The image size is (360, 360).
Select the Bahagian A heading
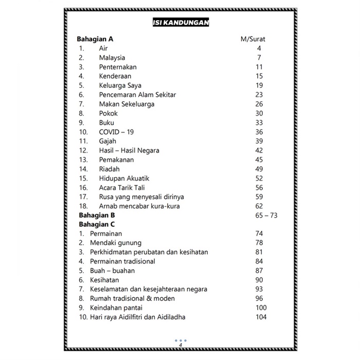95,39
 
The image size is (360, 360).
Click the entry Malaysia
112,58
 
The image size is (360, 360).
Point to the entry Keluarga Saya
120,85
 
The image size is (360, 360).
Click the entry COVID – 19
116,132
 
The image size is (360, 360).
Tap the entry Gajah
109,141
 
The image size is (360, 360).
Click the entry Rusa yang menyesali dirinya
141,196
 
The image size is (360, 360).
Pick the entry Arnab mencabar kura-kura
139,206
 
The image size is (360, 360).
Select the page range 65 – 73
266,215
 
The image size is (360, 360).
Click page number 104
261,317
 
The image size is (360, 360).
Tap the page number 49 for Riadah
259,169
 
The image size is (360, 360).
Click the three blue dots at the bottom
180,340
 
